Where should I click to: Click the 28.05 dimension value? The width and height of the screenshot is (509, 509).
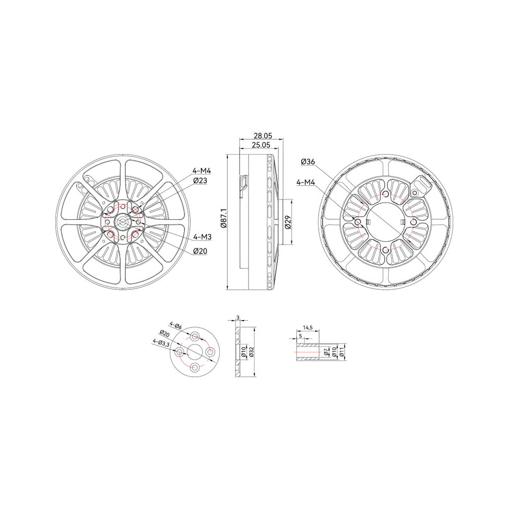(262, 135)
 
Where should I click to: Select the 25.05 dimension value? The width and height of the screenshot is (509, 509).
(261, 145)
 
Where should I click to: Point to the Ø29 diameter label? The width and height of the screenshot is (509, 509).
(288, 222)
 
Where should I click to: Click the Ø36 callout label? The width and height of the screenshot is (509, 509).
(308, 162)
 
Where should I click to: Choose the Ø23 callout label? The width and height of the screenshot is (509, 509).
(200, 180)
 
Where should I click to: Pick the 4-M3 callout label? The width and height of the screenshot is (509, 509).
(202, 237)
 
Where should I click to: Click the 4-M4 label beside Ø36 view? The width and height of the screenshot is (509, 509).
(306, 182)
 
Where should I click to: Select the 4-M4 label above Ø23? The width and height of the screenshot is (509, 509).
(202, 171)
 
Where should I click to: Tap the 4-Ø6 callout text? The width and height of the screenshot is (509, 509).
(175, 326)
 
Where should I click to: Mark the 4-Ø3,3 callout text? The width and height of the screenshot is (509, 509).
(161, 343)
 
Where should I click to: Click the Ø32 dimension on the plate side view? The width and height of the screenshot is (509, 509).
(251, 352)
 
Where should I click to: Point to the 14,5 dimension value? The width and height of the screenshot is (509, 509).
(307, 328)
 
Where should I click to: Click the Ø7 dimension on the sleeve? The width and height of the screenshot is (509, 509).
(326, 351)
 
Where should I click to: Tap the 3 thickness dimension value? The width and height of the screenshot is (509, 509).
(238, 318)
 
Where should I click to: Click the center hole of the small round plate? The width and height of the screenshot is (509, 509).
(195, 352)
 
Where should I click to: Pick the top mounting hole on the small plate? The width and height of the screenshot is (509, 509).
(195, 336)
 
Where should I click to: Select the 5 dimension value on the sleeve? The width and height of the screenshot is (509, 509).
(300, 336)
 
